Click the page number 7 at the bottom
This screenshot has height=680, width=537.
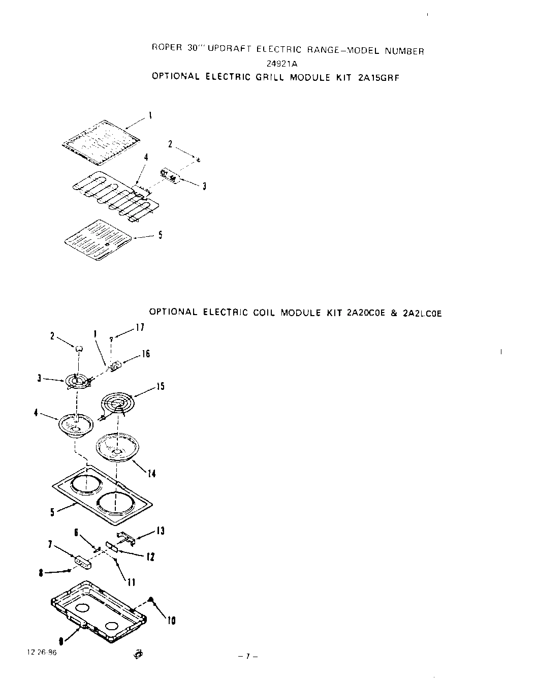pyautogui.click(x=248, y=657)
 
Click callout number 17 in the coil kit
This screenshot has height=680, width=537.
pyautogui.click(x=140, y=328)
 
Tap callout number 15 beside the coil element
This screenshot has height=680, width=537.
pyautogui.click(x=160, y=387)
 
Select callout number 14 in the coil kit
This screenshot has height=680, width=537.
pyautogui.click(x=151, y=474)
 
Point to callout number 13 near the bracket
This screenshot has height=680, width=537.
pyautogui.click(x=161, y=531)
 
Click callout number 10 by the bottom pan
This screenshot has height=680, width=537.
pyautogui.click(x=171, y=621)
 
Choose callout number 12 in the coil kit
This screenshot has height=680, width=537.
pyautogui.click(x=150, y=557)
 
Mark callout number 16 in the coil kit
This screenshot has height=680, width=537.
pyautogui.click(x=145, y=354)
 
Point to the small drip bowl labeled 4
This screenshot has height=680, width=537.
pyautogui.click(x=76, y=425)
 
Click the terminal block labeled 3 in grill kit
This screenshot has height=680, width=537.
pyautogui.click(x=170, y=176)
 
